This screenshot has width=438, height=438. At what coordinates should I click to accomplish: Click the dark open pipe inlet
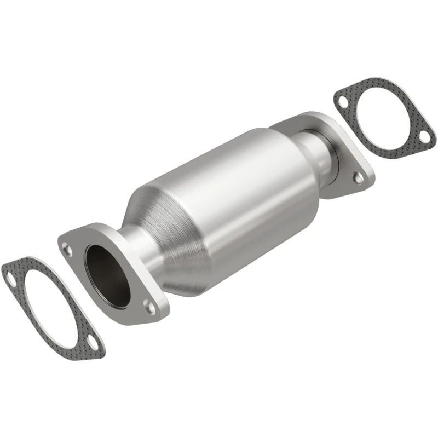pos(108,273)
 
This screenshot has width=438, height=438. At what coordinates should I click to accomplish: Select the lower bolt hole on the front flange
pos(148,304)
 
